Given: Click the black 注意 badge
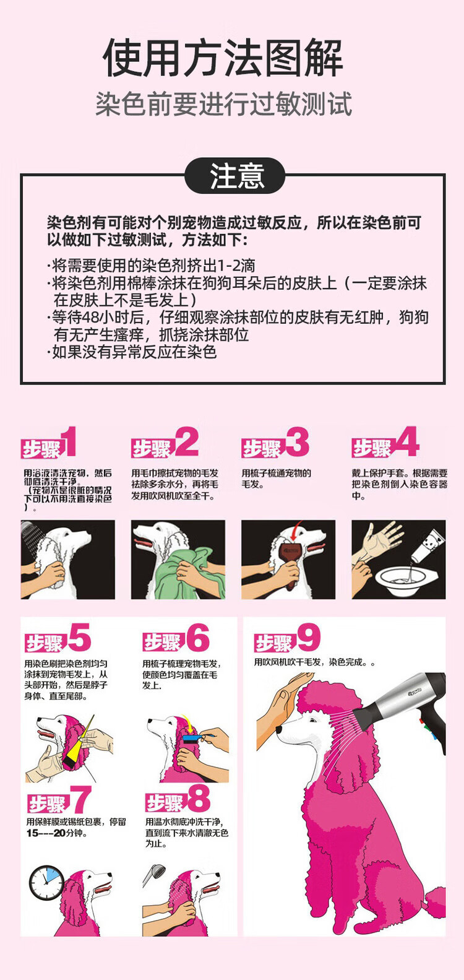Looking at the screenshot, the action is pyautogui.click(x=234, y=176).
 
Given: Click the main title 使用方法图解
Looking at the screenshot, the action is pyautogui.click(x=223, y=58).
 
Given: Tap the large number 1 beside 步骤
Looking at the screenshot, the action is pyautogui.click(x=69, y=441).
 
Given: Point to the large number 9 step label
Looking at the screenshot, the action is pyautogui.click(x=309, y=637).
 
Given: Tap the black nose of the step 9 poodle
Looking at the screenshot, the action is pyautogui.click(x=279, y=729).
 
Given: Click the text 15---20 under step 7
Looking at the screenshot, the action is pyautogui.click(x=46, y=833).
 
